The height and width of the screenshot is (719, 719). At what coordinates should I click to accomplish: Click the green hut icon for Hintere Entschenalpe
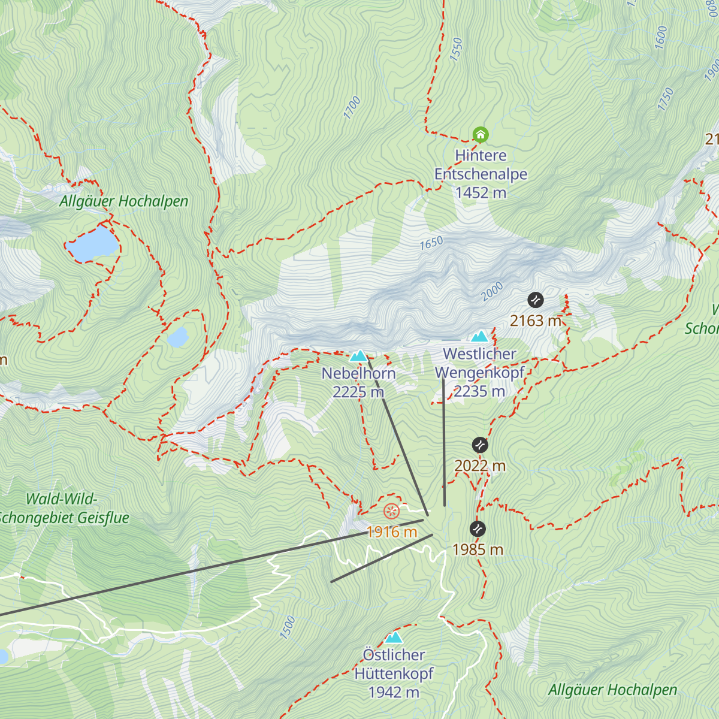pos(481,134)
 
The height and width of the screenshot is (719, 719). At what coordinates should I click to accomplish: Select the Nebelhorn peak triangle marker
pos(358,356)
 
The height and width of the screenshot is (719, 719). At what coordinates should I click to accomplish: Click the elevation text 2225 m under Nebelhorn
pos(358,392)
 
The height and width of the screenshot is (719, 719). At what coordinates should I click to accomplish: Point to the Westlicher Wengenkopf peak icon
pos(479,336)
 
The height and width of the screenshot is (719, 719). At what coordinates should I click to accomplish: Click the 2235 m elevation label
pos(479,391)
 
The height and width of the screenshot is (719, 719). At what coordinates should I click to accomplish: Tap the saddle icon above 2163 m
pos(536,300)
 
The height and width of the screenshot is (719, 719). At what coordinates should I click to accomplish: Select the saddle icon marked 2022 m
pos(480,445)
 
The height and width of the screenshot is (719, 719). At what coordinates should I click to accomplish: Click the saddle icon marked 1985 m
pos(478,528)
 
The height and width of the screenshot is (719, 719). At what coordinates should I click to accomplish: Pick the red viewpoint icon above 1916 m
pos(391,512)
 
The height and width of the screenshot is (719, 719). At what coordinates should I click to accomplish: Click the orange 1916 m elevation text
pos(392,532)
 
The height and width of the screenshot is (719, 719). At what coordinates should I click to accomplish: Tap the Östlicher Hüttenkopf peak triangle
pos(394,638)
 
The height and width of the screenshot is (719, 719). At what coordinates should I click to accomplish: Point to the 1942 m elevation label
pos(394,692)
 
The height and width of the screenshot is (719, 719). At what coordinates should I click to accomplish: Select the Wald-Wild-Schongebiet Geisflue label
pos(62,508)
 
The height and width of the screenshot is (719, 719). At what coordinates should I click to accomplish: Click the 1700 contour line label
pos(352,108)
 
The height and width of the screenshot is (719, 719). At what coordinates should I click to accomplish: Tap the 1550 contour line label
pos(457,49)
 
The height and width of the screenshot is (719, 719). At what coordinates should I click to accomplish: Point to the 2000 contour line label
pos(492,292)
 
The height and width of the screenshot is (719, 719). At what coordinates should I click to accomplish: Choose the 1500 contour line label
pos(288,627)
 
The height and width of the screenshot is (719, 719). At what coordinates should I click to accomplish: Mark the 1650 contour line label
pos(431,243)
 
